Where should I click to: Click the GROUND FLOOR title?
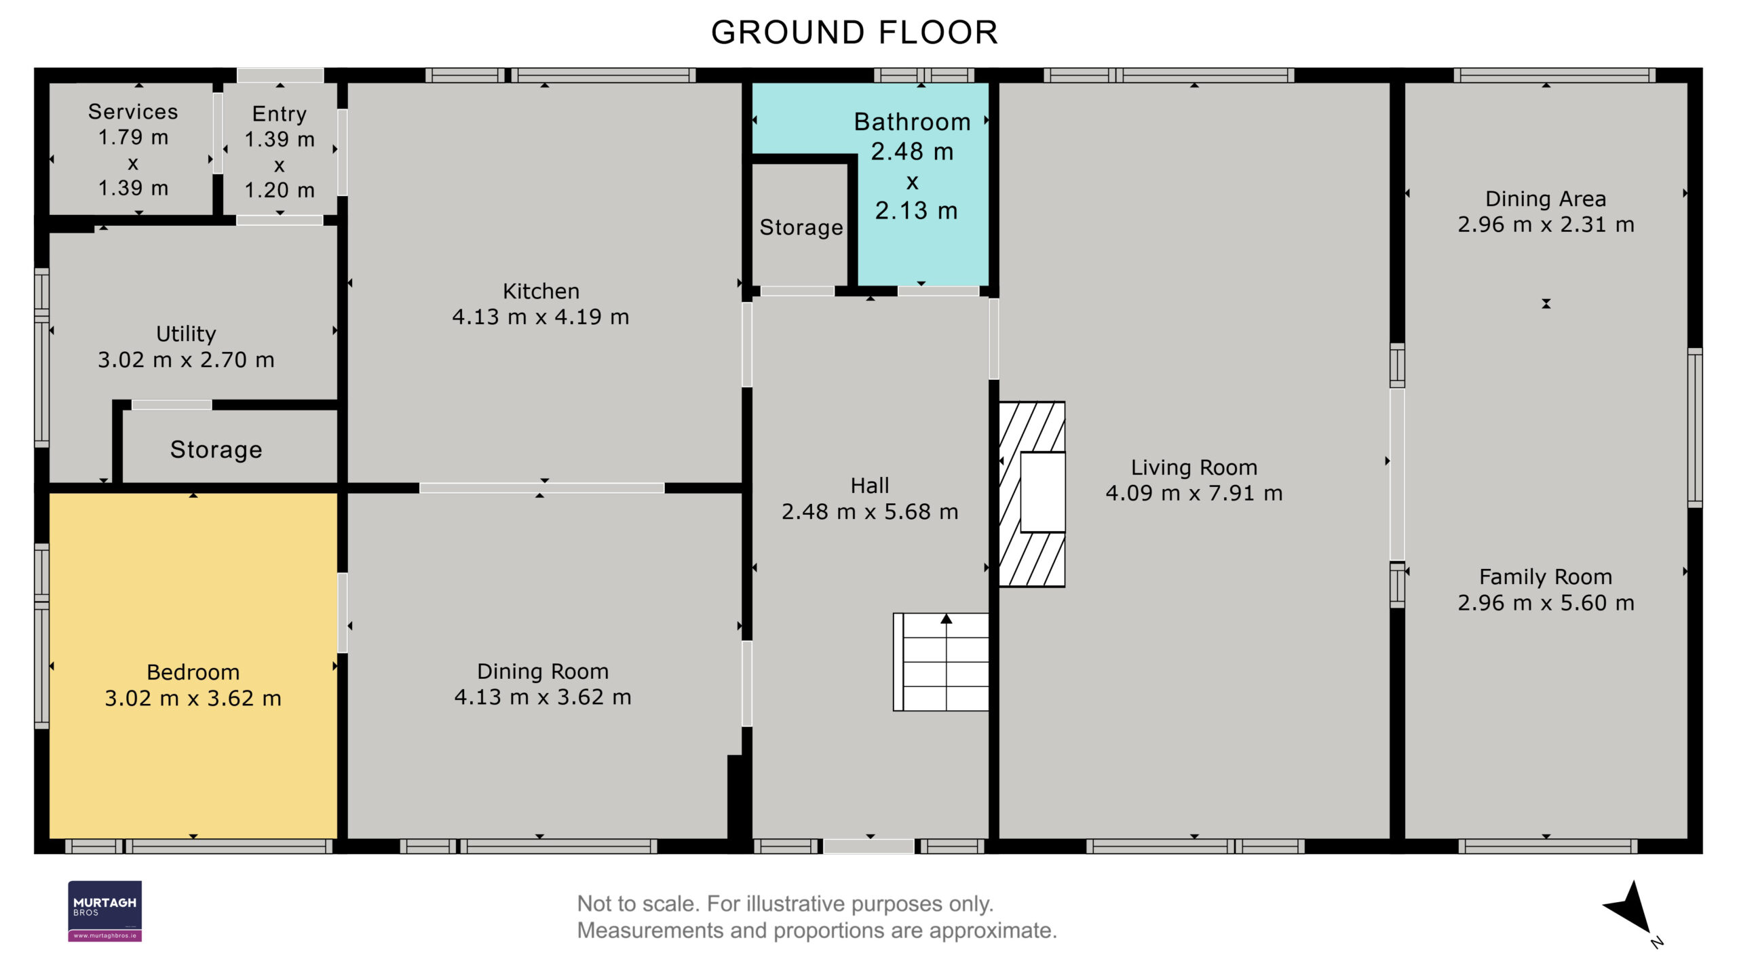point(854,33)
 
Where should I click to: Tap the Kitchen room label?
point(541,291)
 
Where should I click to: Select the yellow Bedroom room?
point(193,665)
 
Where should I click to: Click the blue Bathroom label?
point(912,122)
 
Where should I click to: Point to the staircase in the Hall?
point(940,662)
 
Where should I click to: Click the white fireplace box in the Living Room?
point(1043,492)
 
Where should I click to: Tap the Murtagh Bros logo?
point(104,911)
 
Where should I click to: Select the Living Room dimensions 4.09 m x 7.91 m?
point(1194,493)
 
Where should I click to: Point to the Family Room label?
point(1546,577)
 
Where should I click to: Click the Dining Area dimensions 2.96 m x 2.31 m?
point(1546,225)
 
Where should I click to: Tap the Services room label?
point(133,111)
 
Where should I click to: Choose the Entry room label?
point(280,113)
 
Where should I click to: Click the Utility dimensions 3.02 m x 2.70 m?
point(186,359)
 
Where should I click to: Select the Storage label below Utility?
point(216,450)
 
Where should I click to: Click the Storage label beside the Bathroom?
point(801,227)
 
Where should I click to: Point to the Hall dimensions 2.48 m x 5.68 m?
point(870,511)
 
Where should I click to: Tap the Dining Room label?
point(543,671)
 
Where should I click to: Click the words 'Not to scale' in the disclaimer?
point(638,904)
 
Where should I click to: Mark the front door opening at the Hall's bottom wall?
point(869,846)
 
